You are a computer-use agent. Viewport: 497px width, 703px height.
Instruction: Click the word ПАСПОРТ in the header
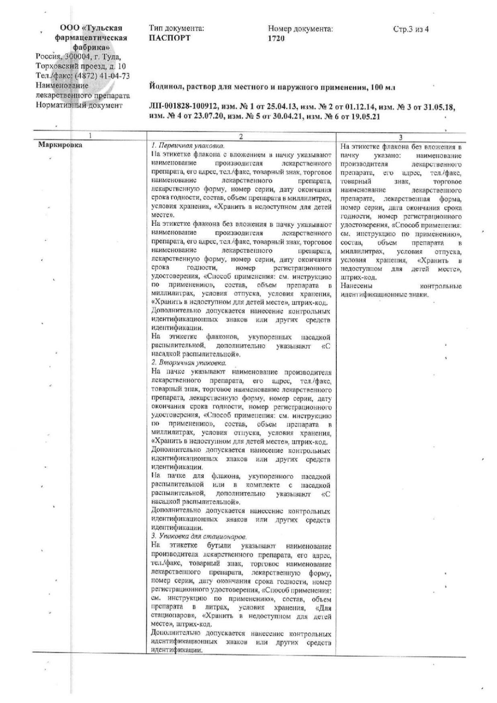[x=169, y=39]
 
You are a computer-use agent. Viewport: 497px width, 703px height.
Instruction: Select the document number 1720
[x=276, y=39]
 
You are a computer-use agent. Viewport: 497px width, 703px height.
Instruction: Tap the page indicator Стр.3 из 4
[x=411, y=29]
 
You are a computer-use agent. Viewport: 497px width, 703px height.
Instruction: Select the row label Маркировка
[x=60, y=145]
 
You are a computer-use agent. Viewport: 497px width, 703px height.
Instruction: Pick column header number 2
[x=241, y=136]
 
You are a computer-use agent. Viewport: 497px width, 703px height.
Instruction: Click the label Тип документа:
[x=176, y=29]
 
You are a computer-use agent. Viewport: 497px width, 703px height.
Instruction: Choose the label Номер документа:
[x=300, y=29]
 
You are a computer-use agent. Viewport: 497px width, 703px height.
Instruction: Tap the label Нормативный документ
[x=79, y=105]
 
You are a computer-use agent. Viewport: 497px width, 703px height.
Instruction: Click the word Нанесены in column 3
[x=357, y=286]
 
